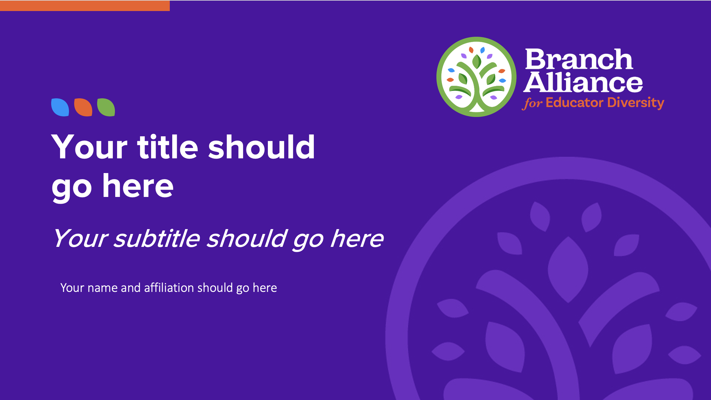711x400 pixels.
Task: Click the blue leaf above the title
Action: pos(60,107)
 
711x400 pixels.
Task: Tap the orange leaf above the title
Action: pos(83,107)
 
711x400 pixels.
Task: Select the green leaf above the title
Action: pos(106,107)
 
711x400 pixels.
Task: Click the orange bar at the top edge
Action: pos(85,6)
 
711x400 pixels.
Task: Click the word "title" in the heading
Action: pos(168,147)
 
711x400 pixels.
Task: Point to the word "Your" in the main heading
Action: pos(89,147)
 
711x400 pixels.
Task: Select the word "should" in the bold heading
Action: pos(261,147)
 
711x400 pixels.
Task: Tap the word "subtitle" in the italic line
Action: pos(157,239)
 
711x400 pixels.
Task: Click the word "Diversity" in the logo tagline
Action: pos(636,103)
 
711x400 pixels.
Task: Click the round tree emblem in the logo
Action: pos(476,77)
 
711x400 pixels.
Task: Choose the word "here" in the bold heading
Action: pos(138,186)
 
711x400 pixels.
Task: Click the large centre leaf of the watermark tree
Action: pos(568,270)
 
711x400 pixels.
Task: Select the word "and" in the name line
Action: pos(131,288)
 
